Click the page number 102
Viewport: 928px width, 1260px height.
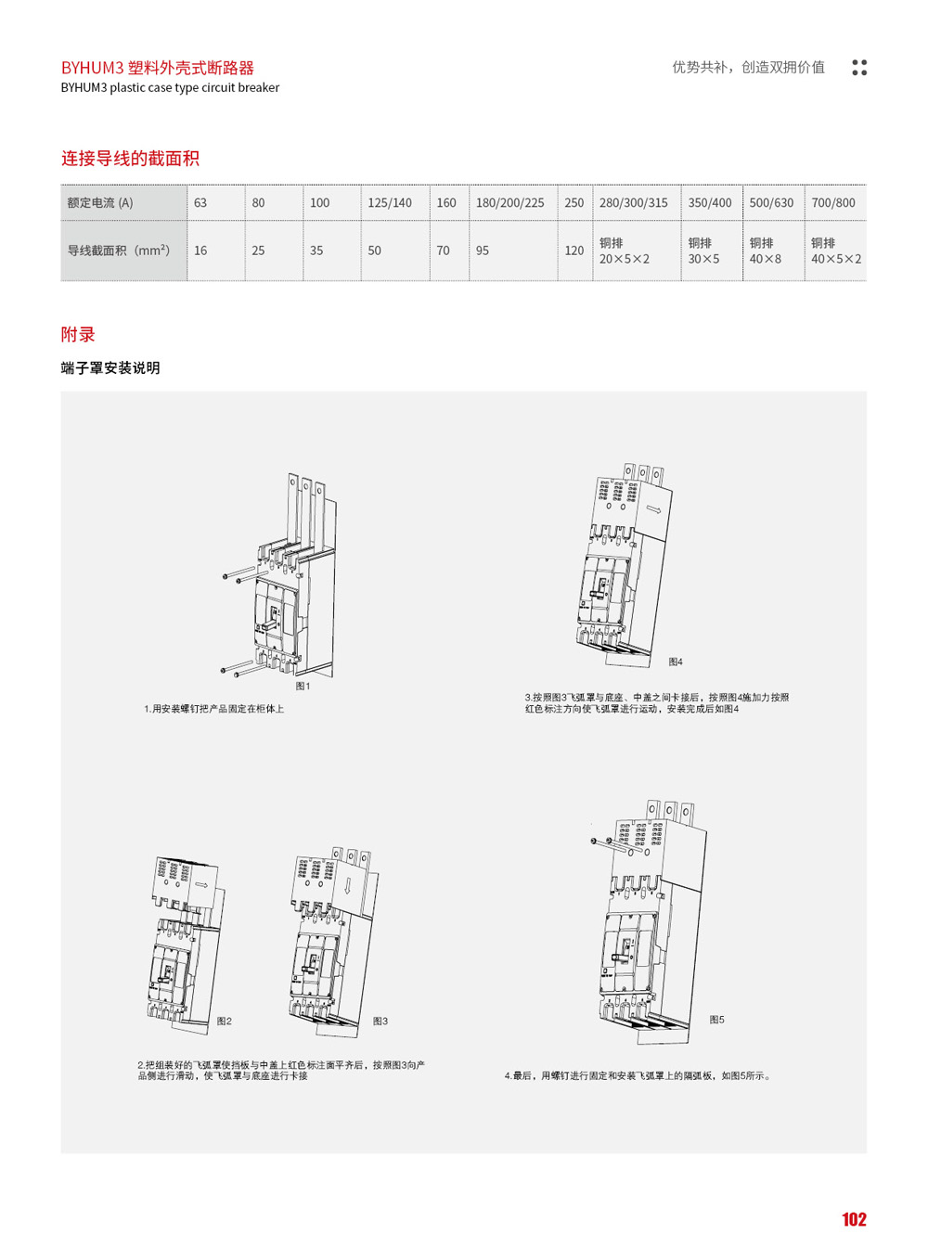[854, 1219]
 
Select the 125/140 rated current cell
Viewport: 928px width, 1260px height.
[390, 203]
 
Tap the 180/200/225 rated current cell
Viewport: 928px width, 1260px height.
[509, 203]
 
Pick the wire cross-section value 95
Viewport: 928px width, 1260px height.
[483, 251]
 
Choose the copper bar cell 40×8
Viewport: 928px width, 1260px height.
[766, 251]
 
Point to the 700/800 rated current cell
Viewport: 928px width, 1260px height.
[833, 203]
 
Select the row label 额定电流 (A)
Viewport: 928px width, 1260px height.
[100, 203]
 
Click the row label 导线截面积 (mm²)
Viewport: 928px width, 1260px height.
[119, 251]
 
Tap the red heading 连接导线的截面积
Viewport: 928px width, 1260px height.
[130, 159]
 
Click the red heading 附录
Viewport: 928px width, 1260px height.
[78, 335]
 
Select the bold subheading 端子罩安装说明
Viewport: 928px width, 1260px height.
[110, 368]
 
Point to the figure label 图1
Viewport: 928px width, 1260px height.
[303, 687]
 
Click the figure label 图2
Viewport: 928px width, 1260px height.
[225, 1021]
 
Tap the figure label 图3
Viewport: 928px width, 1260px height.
[380, 1021]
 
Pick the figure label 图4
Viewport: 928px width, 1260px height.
[676, 662]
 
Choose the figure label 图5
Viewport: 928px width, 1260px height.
[716, 1020]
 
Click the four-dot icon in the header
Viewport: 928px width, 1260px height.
[859, 68]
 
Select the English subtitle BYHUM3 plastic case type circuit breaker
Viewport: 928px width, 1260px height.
[170, 88]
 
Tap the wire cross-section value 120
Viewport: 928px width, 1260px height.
[574, 251]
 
